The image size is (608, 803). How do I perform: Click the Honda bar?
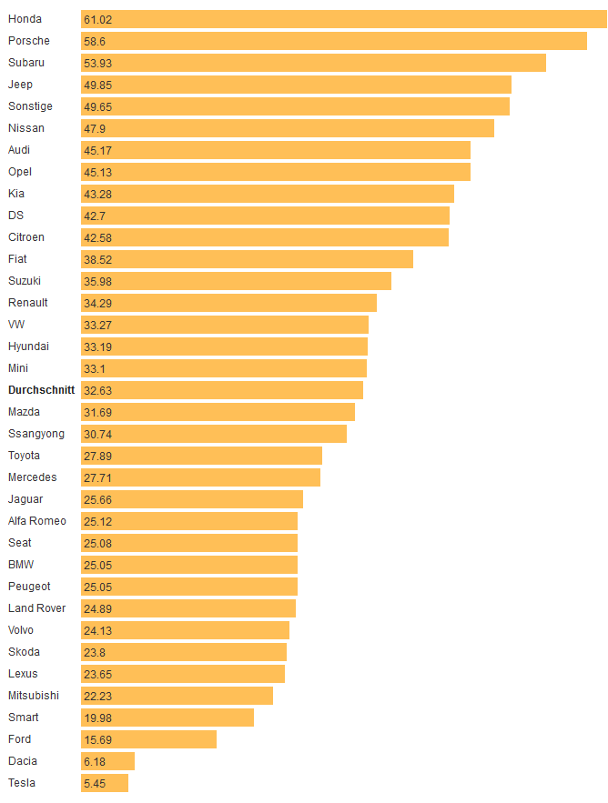(344, 19)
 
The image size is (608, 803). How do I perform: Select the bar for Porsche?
(333, 41)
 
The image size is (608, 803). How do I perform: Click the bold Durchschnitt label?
(41, 390)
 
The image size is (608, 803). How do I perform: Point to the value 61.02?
(99, 19)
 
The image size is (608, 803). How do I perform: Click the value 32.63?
(98, 390)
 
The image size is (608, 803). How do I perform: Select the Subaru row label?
(25, 63)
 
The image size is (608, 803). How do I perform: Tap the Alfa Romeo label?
(36, 521)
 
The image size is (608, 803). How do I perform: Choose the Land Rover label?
(36, 608)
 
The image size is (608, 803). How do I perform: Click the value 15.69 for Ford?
(98, 739)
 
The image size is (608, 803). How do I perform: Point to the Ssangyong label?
(35, 434)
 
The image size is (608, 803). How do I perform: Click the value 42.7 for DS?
(95, 216)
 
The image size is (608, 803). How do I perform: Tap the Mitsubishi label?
(33, 696)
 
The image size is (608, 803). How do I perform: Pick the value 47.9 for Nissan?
(95, 128)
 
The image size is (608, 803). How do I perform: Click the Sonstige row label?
(31, 106)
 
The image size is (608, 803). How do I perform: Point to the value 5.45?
(95, 783)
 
